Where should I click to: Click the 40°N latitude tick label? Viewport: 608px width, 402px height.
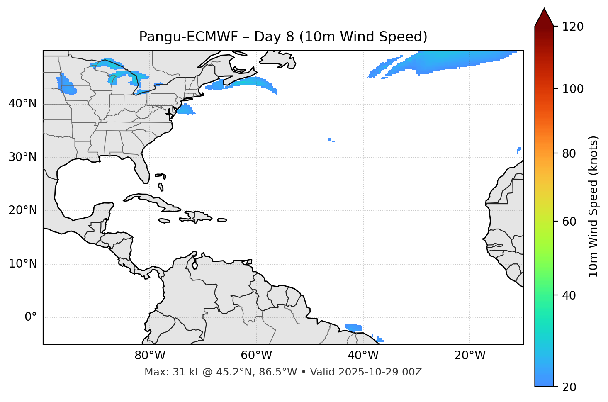point(22,104)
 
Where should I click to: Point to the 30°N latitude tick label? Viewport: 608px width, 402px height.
point(22,157)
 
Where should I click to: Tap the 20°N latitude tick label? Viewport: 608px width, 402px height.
point(22,210)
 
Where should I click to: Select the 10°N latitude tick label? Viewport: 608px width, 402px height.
point(22,264)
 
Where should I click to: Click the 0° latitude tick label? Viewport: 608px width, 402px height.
point(30,317)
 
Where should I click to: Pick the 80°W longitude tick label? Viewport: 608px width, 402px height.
point(150,356)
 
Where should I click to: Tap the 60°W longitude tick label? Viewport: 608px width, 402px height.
point(256,356)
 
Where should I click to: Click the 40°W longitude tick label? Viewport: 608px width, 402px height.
point(363,356)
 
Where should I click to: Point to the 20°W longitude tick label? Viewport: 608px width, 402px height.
point(470,356)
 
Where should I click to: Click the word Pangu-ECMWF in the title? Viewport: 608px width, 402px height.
point(188,37)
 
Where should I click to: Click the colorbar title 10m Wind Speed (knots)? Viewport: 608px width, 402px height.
point(593,206)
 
